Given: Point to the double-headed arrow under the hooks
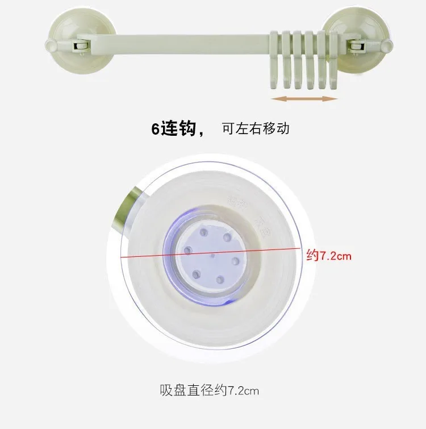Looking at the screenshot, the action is point(304,98).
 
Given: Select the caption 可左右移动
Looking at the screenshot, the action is point(256,128).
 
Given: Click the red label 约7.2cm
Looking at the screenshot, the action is point(329,256).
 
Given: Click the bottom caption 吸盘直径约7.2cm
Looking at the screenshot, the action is point(211,390).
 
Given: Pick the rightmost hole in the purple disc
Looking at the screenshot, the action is point(234,261).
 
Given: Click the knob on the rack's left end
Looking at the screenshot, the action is point(49,45).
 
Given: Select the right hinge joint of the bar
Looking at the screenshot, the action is point(356,44).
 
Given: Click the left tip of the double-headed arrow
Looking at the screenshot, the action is point(274,99).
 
